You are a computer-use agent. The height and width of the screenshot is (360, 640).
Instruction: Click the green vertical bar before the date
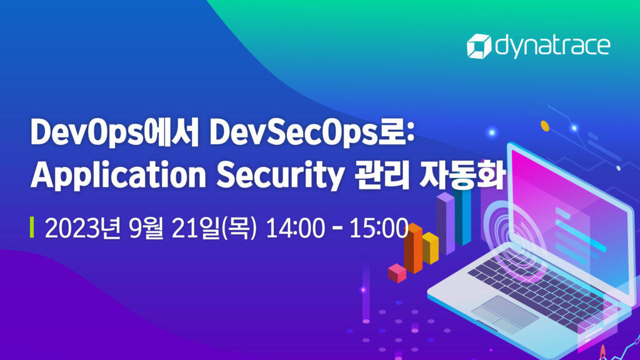coord(32,228)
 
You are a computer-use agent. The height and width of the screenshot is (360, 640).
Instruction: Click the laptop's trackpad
coord(505,311)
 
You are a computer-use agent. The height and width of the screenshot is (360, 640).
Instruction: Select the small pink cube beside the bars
coord(397,272)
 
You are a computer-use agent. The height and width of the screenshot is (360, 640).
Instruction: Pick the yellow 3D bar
coord(430,248)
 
